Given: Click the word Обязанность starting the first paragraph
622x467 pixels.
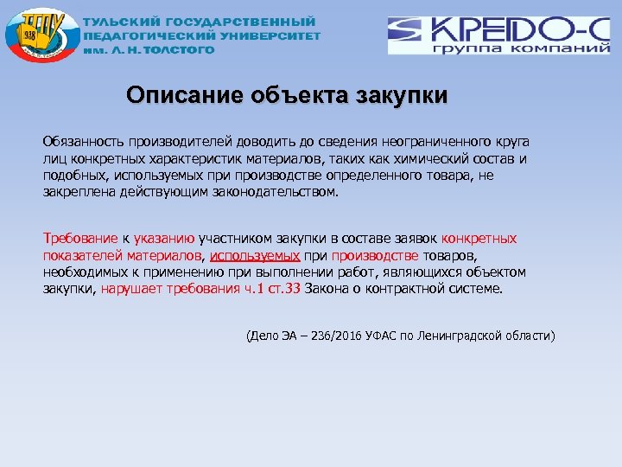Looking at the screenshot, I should point(82,140).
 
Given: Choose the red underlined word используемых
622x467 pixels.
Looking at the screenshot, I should point(255,256).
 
